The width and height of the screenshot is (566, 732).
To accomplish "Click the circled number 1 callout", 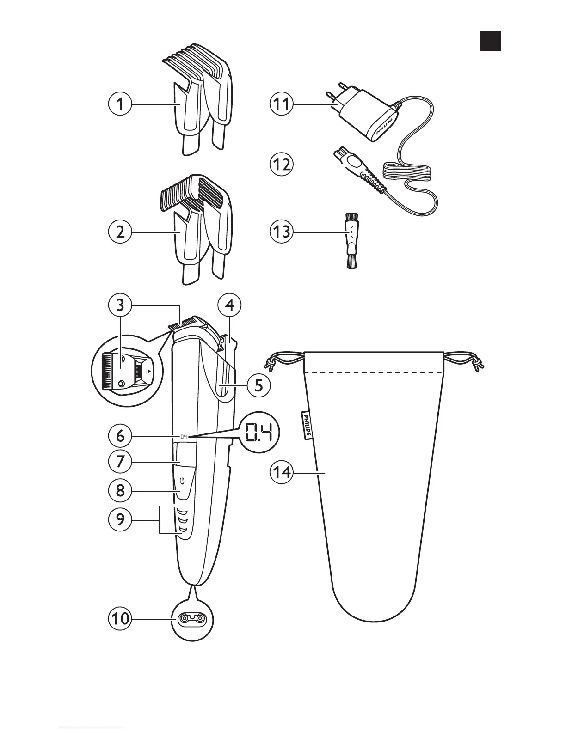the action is coord(120,104).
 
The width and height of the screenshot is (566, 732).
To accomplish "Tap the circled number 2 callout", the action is coord(120,232).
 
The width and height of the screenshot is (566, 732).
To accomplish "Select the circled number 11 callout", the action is coord(282,104).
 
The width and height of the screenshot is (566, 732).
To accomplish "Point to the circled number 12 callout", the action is coord(282,165).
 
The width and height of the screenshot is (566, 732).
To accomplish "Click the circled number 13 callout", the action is coord(282,232).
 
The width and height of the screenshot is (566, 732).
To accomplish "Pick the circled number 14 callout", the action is coord(282,473).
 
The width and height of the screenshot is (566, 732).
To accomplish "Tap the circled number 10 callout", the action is coord(120,619).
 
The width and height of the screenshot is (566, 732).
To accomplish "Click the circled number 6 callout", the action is coord(120,436).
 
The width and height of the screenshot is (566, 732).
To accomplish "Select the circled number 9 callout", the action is coord(120,520).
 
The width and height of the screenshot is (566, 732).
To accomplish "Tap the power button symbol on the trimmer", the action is coord(182,481).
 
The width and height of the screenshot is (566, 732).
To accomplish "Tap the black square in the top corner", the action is coord(490,41).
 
